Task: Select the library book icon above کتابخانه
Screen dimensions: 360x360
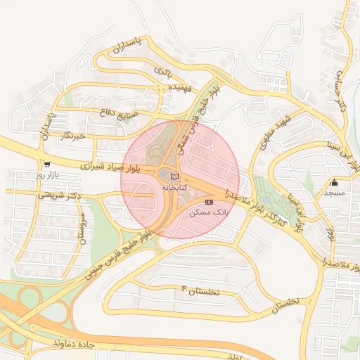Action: tap(175, 176)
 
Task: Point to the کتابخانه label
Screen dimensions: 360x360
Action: tap(175, 188)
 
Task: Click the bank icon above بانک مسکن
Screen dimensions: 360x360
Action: tap(208, 202)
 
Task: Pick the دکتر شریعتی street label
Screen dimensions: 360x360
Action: tap(58, 194)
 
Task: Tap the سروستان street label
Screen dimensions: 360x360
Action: tap(82, 228)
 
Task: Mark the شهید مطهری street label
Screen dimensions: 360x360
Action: tap(274, 131)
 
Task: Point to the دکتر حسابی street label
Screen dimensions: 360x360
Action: tap(344, 95)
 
